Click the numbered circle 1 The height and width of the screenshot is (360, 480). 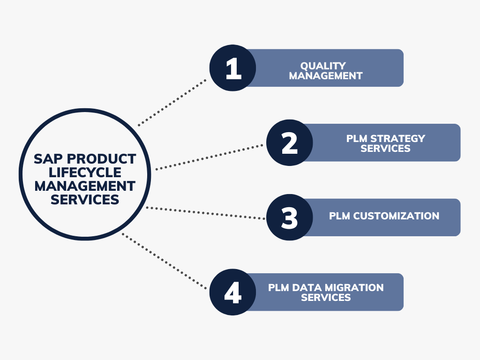(232, 68)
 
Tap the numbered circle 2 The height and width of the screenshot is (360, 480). (290, 142)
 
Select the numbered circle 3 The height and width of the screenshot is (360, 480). (290, 217)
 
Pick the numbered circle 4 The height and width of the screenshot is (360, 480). (232, 292)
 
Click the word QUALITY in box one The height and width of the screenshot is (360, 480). (323, 66)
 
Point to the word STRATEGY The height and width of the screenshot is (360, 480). (397, 138)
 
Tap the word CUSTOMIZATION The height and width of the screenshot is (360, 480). (396, 216)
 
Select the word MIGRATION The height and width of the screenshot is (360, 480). (354, 287)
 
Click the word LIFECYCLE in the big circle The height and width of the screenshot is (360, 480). (85, 172)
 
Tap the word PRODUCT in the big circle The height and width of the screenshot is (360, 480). (101, 159)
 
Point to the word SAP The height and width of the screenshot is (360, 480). (48, 159)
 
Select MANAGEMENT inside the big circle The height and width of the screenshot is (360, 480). (85, 186)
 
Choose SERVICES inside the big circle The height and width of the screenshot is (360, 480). (85, 200)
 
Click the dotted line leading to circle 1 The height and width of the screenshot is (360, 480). (172, 103)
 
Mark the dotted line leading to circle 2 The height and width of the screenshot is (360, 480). (210, 157)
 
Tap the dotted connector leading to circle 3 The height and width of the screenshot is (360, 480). (206, 213)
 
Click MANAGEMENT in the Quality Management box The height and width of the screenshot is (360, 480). (326, 75)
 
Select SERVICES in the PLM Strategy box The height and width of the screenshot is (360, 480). (385, 148)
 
